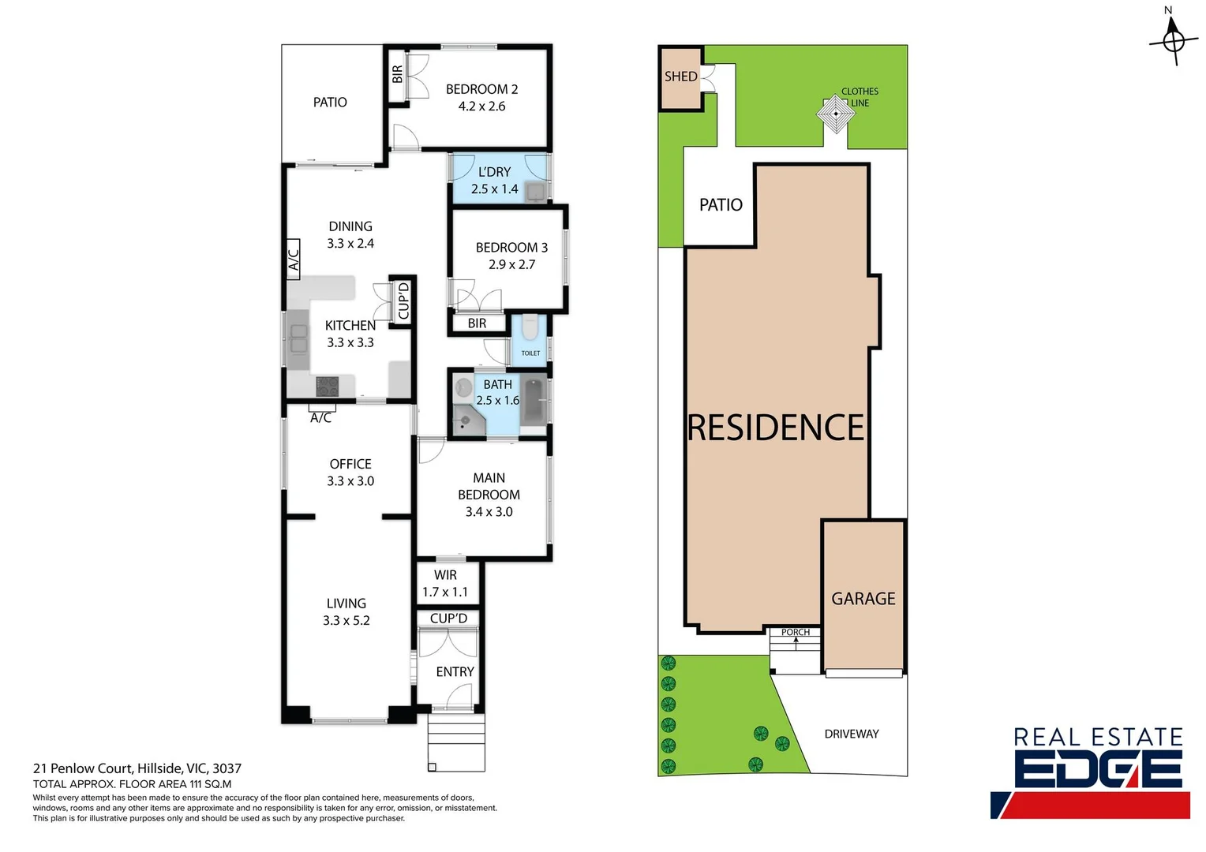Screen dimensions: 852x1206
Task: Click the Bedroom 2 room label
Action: [481, 90]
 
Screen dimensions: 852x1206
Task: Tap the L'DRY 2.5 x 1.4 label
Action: [494, 181]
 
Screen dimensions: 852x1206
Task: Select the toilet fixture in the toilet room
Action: [530, 326]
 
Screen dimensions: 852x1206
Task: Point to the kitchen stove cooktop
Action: [327, 386]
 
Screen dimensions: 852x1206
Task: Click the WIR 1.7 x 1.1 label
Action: [445, 584]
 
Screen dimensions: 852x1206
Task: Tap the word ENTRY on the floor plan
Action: [455, 672]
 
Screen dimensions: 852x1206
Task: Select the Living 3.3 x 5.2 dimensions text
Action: [346, 621]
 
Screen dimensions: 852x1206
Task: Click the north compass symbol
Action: [1173, 38]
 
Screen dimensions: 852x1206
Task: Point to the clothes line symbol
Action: [836, 114]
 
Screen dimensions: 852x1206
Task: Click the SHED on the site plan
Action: [680, 77]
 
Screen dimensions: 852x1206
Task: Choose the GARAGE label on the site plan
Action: [863, 599]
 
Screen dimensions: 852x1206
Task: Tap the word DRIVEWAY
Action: [851, 734]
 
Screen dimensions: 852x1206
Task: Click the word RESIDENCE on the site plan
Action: [777, 428]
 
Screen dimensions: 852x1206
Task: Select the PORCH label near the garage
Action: [795, 632]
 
